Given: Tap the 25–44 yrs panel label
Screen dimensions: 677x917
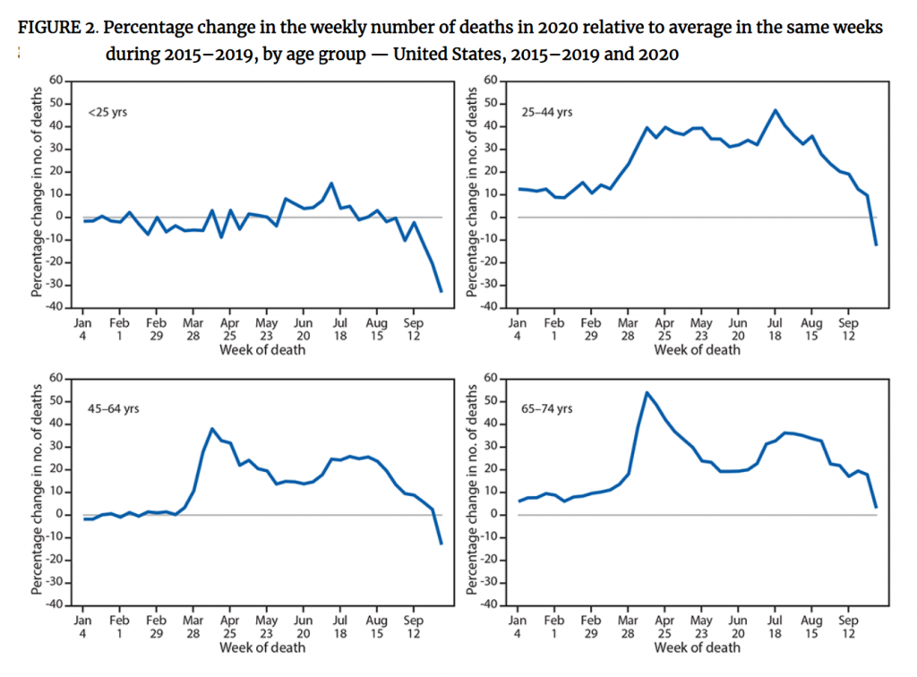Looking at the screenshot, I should [x=546, y=112].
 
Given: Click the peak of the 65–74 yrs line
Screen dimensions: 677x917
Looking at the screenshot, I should [x=647, y=392].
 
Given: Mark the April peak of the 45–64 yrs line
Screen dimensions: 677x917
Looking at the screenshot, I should [x=212, y=428].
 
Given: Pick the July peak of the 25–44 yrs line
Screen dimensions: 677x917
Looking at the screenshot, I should [x=776, y=110].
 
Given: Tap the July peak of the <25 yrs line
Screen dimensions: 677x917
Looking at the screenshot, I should [x=331, y=183].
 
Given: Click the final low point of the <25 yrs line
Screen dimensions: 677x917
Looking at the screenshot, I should [x=441, y=291].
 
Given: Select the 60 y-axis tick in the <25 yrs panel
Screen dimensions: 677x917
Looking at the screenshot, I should [x=58, y=81].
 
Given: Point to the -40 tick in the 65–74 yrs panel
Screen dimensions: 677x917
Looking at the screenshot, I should [x=490, y=605].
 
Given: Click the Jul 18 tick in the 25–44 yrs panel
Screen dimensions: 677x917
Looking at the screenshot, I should [x=775, y=329].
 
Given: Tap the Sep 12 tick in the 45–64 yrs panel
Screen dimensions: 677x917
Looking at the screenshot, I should [x=414, y=626].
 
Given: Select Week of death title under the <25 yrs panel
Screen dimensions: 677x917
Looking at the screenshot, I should [x=261, y=349].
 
